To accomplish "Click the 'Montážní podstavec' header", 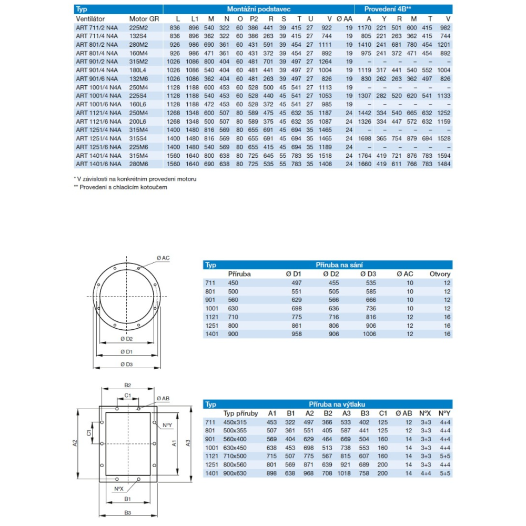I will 259,9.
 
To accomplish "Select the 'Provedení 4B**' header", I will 388,9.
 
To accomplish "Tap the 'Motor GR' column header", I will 141,19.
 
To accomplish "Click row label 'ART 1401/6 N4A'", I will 98,164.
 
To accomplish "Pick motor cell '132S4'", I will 139,35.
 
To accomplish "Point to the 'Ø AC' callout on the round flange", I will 163,258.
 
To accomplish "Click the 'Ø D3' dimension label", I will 126,364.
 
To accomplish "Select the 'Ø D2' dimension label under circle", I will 126,339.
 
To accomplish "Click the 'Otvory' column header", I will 440,274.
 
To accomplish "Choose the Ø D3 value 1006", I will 368,334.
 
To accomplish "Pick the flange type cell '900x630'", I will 235,473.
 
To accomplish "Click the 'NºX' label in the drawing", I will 119,488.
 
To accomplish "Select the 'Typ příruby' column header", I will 238,413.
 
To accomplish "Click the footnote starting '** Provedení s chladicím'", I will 120,187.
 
